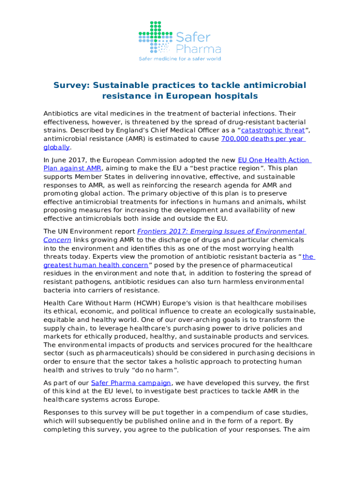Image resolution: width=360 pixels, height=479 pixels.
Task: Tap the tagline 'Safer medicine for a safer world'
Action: tap(180, 59)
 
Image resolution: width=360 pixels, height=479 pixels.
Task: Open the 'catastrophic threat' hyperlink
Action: tap(273, 130)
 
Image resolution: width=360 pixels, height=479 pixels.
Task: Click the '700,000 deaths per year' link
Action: tap(263, 139)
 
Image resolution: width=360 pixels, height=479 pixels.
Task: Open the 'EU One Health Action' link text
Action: tap(274, 160)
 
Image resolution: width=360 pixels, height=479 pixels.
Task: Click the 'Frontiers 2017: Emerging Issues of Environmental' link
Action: tap(221, 232)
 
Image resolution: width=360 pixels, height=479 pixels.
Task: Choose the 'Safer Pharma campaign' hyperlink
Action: tap(130, 383)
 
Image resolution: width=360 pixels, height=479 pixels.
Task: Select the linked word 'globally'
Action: tap(56, 147)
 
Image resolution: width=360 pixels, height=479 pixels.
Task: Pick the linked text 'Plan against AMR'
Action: tap(72, 168)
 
